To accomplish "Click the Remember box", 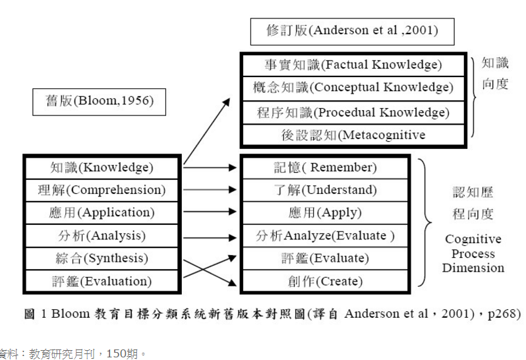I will point(326,167).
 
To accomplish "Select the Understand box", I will point(326,191).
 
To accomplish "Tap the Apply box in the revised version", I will point(326,213).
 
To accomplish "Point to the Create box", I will point(326,282).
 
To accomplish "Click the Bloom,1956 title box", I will point(99,101).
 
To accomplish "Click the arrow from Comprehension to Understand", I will point(209,190).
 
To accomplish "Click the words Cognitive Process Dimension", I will point(473,254).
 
